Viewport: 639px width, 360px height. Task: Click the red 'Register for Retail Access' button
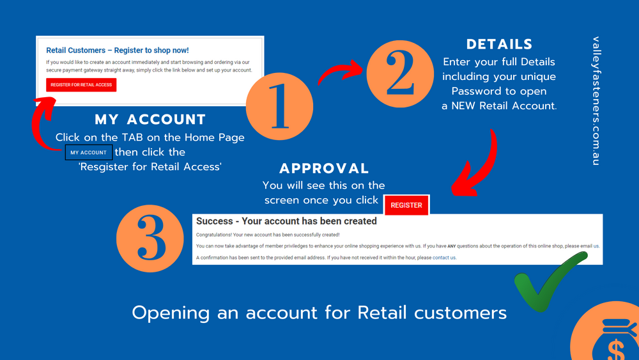[81, 85]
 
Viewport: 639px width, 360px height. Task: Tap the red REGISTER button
[406, 205]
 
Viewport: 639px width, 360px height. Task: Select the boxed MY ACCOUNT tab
[88, 152]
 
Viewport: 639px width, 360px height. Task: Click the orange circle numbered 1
[280, 106]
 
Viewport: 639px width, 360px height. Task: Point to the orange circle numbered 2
[400, 74]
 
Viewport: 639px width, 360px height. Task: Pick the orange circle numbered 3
[150, 239]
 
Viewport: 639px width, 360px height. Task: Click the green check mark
[548, 281]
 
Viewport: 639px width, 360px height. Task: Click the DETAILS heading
[499, 44]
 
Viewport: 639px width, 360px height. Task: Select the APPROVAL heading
[324, 168]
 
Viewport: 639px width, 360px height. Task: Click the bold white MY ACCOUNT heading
[150, 120]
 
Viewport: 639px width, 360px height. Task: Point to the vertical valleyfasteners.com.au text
[596, 101]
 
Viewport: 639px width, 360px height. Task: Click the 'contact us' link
[444, 258]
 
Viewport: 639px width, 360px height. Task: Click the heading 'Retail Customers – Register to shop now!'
[118, 50]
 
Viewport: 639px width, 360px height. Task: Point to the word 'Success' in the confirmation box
[214, 221]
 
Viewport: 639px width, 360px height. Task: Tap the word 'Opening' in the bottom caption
[171, 314]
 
